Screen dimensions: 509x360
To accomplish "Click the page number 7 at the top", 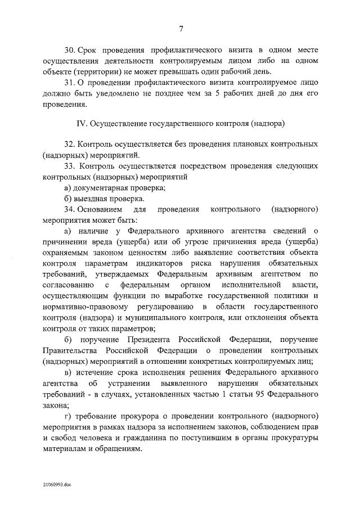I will click(x=181, y=30).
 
